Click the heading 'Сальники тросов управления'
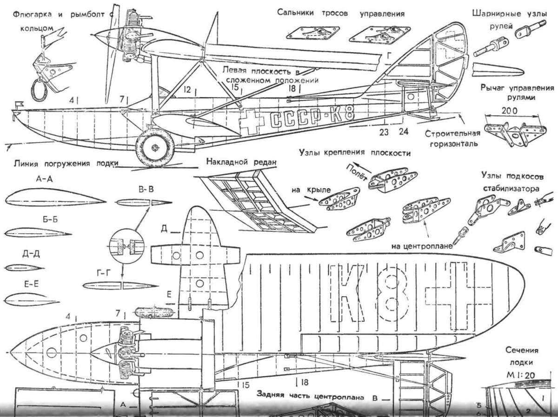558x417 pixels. click(x=340, y=13)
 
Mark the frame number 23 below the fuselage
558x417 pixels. click(x=384, y=132)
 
